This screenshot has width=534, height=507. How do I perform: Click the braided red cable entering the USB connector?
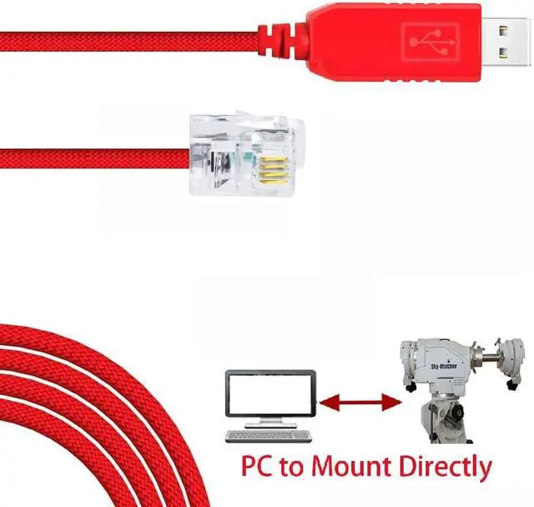coord(125,39)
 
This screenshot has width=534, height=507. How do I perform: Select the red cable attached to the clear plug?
coord(92,156)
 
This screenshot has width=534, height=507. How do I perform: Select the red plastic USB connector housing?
coord(392,38)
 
